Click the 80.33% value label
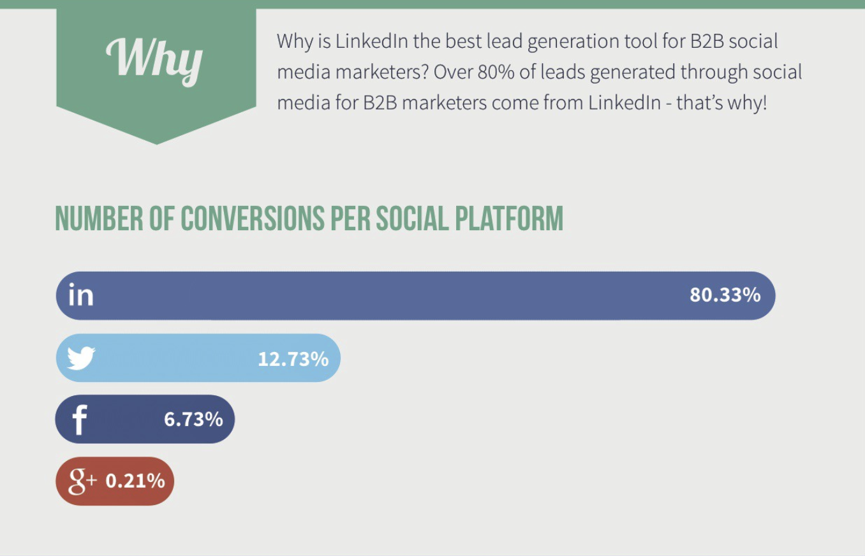[725, 295]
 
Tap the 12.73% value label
[293, 359]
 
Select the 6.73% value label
[193, 420]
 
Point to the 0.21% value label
[135, 481]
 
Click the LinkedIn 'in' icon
[81, 295]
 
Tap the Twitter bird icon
[81, 358]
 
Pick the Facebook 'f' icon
[79, 420]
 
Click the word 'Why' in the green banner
[154, 59]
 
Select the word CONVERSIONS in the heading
[253, 218]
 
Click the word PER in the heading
[350, 218]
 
